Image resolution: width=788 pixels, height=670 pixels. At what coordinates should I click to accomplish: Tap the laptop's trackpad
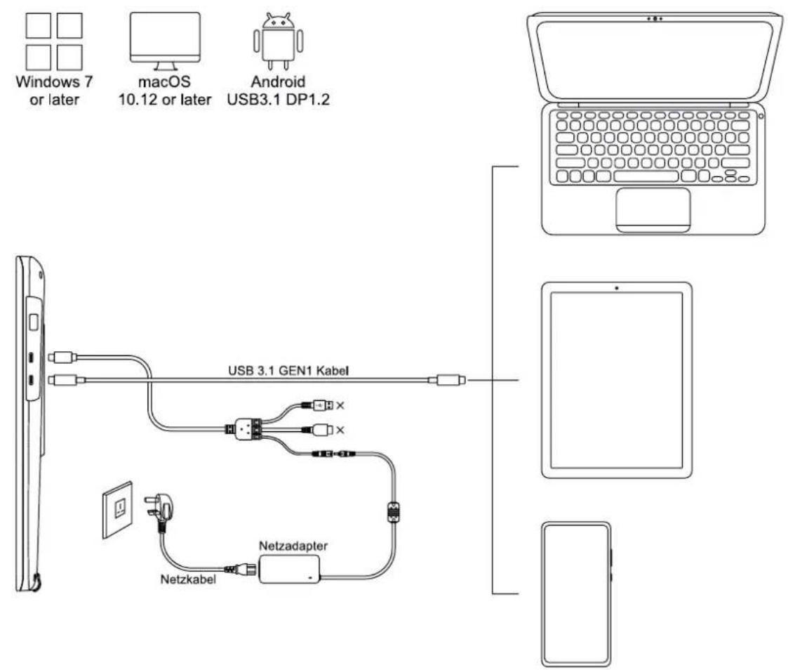pos(653,209)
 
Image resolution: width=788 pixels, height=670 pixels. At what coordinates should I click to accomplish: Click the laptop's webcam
pos(655,18)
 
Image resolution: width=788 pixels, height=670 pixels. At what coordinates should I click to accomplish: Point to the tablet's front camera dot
pos(616,287)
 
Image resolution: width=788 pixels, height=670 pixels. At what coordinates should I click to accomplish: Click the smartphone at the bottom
pos(576,594)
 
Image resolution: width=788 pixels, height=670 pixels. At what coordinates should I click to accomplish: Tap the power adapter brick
pos(290,568)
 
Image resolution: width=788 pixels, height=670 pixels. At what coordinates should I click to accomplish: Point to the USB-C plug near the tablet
pos(448,381)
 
